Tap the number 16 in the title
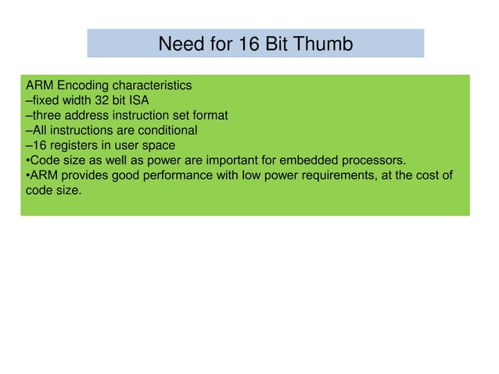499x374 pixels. click(249, 44)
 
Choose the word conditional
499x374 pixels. click(165, 130)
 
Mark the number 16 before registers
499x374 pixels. click(38, 145)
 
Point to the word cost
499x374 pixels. click(427, 175)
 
